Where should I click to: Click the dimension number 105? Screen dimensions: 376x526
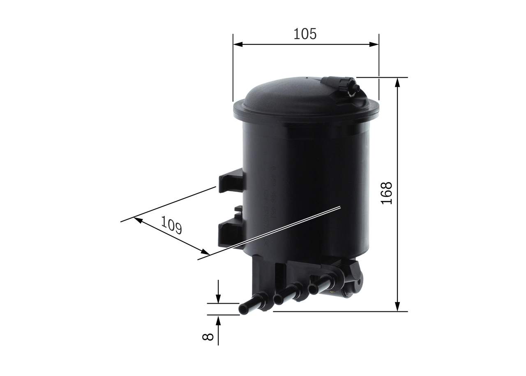coord(305,34)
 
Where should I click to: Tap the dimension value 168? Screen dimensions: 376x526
coord(386,193)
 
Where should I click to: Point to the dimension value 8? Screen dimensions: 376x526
coord(208,336)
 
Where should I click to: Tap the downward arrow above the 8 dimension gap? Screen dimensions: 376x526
coord(218,299)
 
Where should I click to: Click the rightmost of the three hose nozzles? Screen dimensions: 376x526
coord(323,284)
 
